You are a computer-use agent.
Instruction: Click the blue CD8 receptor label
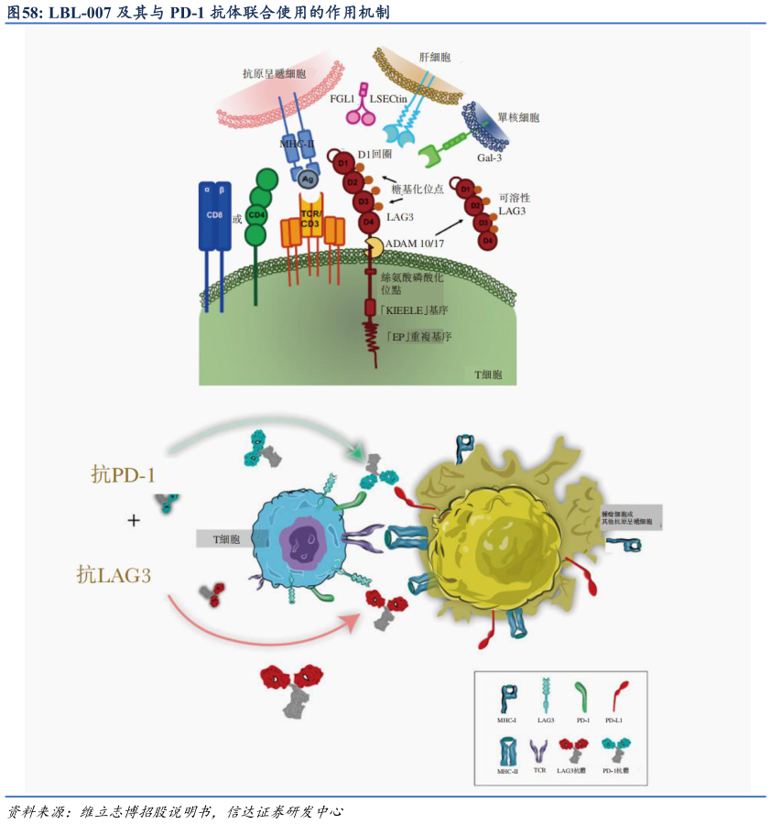coord(214,215)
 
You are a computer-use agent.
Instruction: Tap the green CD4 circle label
coord(260,216)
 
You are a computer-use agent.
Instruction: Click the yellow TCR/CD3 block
coord(310,220)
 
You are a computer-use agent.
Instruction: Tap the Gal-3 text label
coord(490,157)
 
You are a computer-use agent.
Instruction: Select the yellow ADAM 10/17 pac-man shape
coord(374,247)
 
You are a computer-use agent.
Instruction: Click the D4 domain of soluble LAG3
coord(488,240)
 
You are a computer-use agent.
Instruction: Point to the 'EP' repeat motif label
coord(418,336)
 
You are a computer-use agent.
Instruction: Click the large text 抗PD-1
coord(124,474)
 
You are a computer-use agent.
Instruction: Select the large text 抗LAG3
coord(114,575)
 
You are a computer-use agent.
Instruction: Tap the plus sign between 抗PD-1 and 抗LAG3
coord(134,520)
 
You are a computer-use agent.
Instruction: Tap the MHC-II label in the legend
coord(507,772)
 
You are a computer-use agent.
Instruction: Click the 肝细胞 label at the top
coord(434,57)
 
